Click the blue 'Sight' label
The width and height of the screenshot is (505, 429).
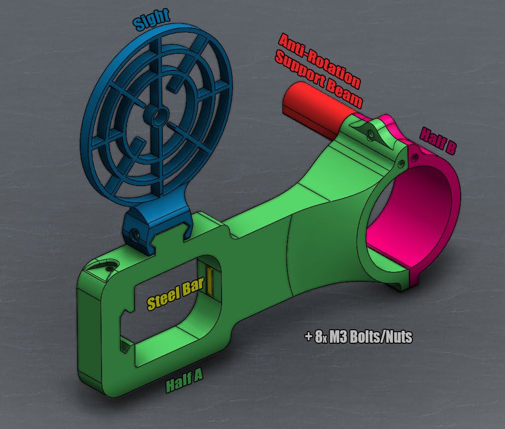coord(151,19)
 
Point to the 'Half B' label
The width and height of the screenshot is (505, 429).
coord(438,141)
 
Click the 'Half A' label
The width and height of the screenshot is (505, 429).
coord(184,381)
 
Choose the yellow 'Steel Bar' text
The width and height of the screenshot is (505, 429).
coord(175,293)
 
